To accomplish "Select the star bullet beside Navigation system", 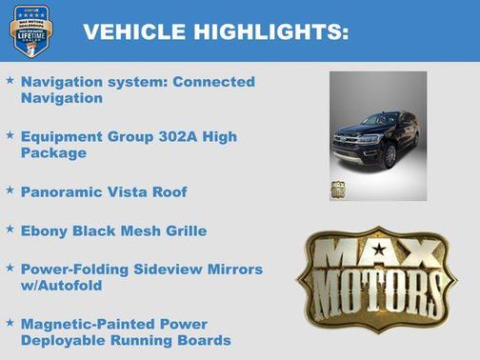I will coord(10,81).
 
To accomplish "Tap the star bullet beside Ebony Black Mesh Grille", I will coord(10,230).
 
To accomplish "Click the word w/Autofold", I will coord(62,285).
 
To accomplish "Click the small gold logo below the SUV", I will coord(338,189).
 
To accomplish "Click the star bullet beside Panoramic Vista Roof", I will coord(10,190).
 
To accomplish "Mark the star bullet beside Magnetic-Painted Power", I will coord(10,324).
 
